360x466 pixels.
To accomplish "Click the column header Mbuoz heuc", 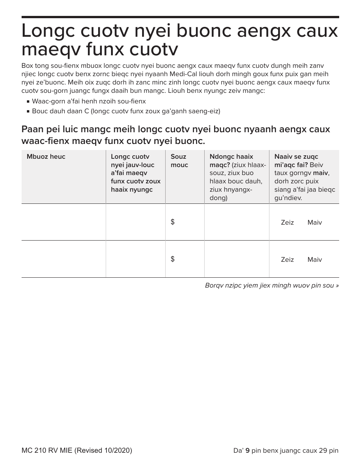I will [x=46, y=157].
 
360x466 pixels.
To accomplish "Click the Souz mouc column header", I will [x=179, y=161].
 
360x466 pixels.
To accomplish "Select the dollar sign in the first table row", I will [x=173, y=222].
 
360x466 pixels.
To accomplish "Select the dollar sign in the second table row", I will [x=173, y=259].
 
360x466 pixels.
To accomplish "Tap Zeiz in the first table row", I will [x=287, y=223].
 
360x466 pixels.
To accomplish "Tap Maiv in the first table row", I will [x=315, y=223].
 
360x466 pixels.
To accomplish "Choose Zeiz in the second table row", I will [x=287, y=260].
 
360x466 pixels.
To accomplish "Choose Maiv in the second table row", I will [x=315, y=260].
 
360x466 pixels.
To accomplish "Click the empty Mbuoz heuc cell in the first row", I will [x=63, y=222].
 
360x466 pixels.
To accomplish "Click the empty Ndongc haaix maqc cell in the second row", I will [x=236, y=259].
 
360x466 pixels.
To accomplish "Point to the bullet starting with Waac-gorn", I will [x=89, y=102].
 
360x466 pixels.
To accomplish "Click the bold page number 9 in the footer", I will [x=247, y=450].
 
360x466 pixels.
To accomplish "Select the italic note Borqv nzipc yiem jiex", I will [x=272, y=285].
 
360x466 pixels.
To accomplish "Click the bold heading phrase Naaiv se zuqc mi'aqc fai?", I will [x=296, y=161].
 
